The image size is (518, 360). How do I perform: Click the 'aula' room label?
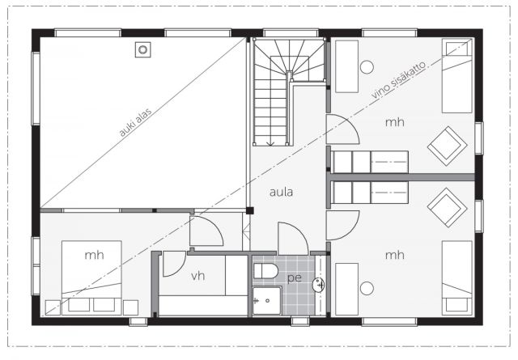click(281, 192)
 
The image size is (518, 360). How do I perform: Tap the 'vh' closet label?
click(197, 275)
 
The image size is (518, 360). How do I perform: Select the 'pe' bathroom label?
click(295, 278)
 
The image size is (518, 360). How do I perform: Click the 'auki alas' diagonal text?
click(136, 122)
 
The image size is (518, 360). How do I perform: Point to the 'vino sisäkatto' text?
click(398, 79)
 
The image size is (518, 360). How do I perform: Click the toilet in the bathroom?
click(265, 270)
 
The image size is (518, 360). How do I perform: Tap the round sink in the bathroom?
click(319, 285)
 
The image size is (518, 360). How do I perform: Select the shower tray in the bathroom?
click(267, 301)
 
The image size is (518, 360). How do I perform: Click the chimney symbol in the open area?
click(142, 49)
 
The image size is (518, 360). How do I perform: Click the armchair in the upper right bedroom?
click(447, 146)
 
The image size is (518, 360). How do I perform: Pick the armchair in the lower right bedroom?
click(447, 207)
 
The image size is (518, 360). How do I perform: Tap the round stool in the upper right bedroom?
click(367, 67)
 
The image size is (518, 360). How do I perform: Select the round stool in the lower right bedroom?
click(367, 288)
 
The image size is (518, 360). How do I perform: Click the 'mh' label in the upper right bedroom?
click(395, 122)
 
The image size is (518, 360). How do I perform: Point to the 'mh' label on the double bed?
click(94, 255)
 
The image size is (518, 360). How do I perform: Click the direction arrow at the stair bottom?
click(270, 143)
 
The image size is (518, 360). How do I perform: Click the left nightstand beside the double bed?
click(53, 307)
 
